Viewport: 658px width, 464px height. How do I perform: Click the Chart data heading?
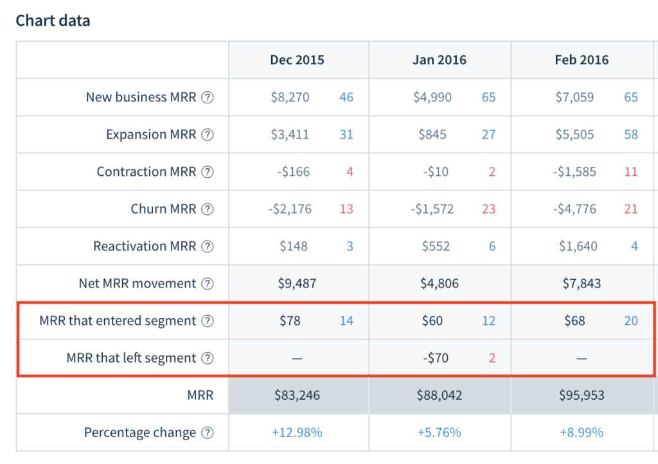pyautogui.click(x=53, y=21)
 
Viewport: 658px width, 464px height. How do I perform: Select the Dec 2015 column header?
pyautogui.click(x=297, y=60)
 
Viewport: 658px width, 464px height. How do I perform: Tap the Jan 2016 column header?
pyautogui.click(x=440, y=60)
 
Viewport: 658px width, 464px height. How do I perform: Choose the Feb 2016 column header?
pyautogui.click(x=582, y=60)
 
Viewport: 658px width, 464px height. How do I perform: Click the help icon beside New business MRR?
pyautogui.click(x=207, y=98)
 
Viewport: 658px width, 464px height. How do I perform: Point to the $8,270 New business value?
pyautogui.click(x=290, y=98)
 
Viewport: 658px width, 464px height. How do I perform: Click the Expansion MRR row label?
pyautogui.click(x=151, y=135)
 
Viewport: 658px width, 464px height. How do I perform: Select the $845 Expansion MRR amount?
pyautogui.click(x=432, y=135)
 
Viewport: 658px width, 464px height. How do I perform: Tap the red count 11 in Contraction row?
pyautogui.click(x=631, y=172)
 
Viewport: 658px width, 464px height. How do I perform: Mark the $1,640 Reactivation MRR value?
pyautogui.click(x=576, y=246)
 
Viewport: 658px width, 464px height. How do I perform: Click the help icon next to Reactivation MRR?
pyautogui.click(x=207, y=246)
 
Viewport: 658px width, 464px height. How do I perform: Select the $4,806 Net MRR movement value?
pyautogui.click(x=440, y=284)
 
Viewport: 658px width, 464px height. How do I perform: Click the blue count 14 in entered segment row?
pyautogui.click(x=346, y=321)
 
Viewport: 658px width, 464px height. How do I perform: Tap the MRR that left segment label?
pyautogui.click(x=131, y=358)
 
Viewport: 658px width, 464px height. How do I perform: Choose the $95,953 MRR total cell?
pyautogui.click(x=582, y=395)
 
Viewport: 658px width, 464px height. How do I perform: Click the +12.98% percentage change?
pyautogui.click(x=297, y=433)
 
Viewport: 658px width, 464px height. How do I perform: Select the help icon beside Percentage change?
pyautogui.click(x=207, y=433)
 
